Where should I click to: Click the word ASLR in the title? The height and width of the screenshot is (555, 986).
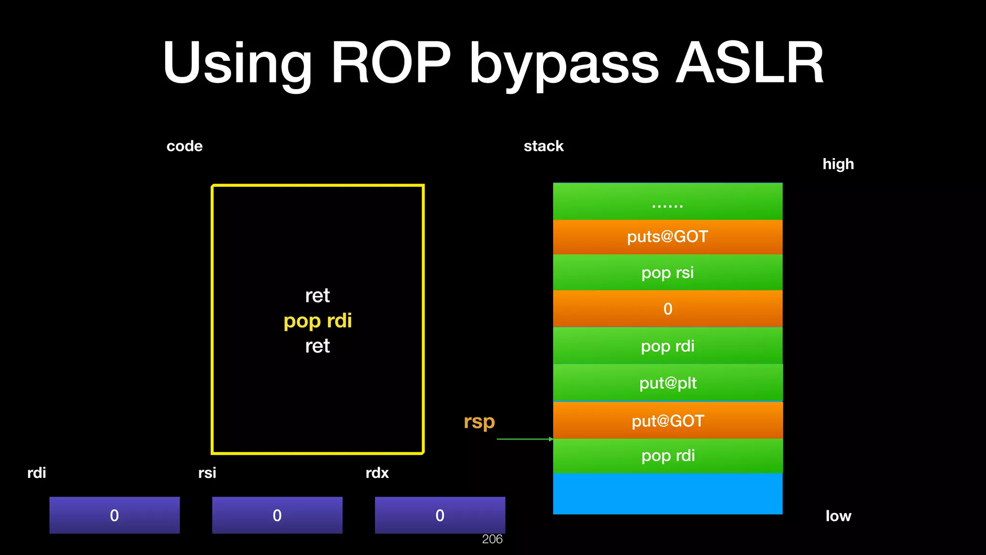749,63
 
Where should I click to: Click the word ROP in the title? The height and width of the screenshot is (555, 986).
391,63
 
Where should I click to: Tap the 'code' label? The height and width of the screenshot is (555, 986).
184,146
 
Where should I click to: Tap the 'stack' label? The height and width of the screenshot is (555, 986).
544,146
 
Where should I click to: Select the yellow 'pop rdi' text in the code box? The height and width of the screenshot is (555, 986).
318,321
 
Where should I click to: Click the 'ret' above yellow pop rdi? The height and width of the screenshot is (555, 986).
318,295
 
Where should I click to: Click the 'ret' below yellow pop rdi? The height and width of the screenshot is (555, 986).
318,346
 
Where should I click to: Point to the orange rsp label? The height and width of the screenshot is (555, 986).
479,422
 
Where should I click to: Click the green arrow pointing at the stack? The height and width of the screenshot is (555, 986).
525,439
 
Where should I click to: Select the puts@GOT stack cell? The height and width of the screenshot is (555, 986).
667,237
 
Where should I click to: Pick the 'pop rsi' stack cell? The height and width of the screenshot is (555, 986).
667,273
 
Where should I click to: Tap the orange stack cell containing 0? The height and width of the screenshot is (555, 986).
667,309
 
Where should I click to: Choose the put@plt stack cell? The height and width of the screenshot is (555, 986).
667,383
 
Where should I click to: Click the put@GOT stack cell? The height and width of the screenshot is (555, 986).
667,421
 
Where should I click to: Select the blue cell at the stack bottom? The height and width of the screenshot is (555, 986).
667,494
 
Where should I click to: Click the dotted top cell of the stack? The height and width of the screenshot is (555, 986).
667,201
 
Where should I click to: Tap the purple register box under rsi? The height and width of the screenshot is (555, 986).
277,515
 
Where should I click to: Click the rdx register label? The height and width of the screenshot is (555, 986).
377,473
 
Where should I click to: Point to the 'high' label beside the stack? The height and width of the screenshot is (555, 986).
838,164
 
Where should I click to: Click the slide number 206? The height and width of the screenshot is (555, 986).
492,539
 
